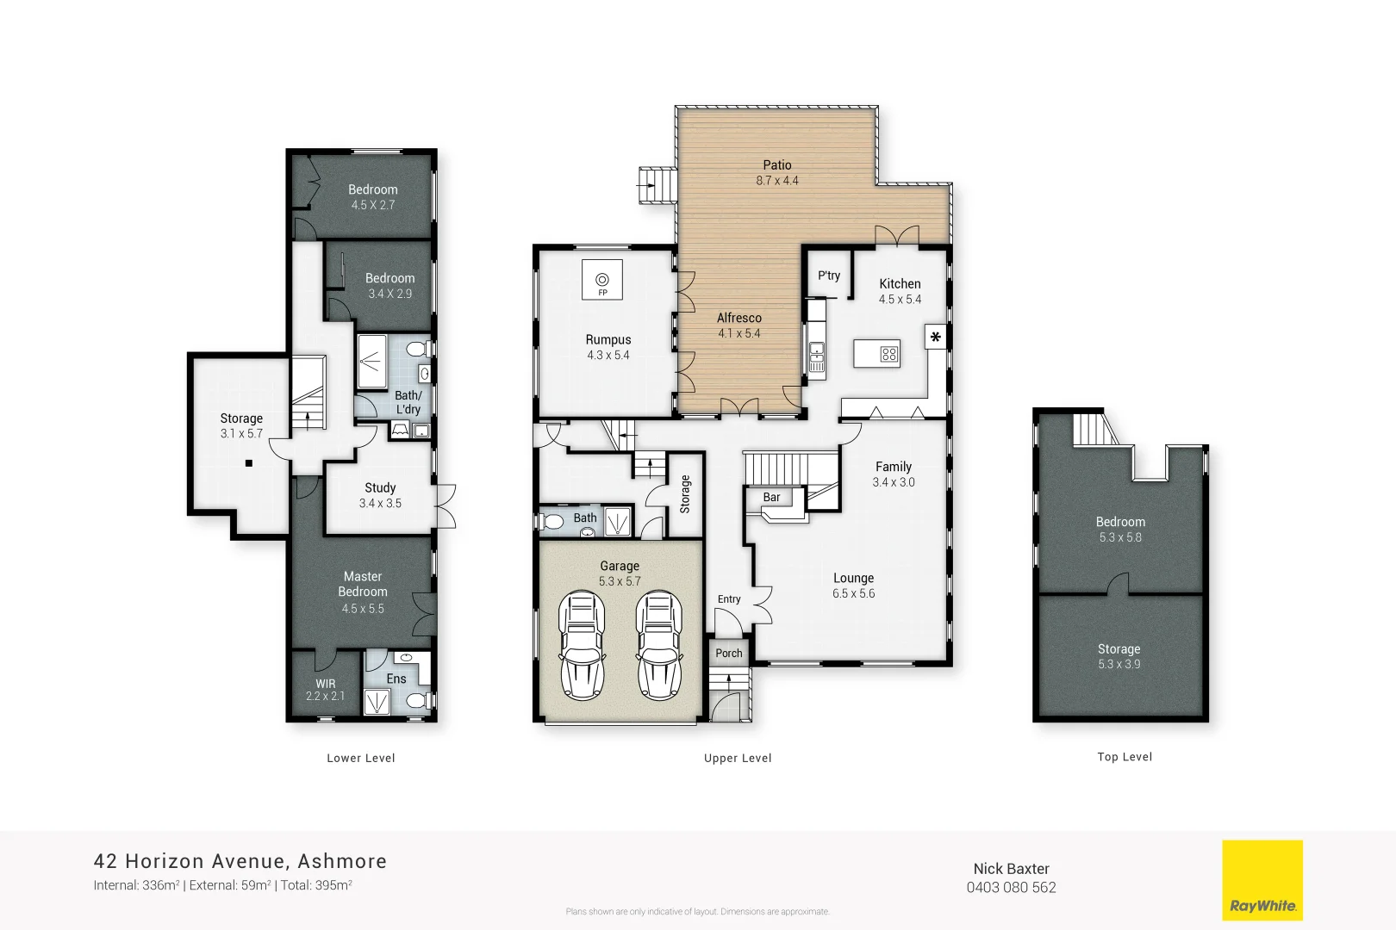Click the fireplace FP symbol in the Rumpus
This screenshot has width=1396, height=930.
click(602, 281)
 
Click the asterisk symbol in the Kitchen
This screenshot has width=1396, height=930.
click(936, 337)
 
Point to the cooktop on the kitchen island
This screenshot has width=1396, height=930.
click(888, 354)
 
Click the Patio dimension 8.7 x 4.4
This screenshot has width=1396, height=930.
click(777, 181)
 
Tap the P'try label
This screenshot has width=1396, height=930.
click(828, 276)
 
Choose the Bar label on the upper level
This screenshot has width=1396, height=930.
click(771, 497)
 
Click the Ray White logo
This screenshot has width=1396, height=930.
click(1262, 880)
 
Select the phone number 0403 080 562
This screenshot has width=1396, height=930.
click(1011, 888)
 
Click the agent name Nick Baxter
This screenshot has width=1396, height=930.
click(1011, 869)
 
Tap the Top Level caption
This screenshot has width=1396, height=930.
click(1124, 757)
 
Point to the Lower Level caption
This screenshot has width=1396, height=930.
click(360, 759)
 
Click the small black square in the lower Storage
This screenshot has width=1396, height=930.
click(249, 463)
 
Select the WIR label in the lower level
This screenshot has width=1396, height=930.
click(325, 684)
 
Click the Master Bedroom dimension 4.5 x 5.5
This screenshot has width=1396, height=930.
click(363, 609)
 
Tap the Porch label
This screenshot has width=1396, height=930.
click(728, 653)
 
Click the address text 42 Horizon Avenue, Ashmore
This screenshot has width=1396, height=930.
click(240, 861)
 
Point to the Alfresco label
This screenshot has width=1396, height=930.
click(739, 318)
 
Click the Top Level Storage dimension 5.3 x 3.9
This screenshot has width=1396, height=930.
click(1119, 664)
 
